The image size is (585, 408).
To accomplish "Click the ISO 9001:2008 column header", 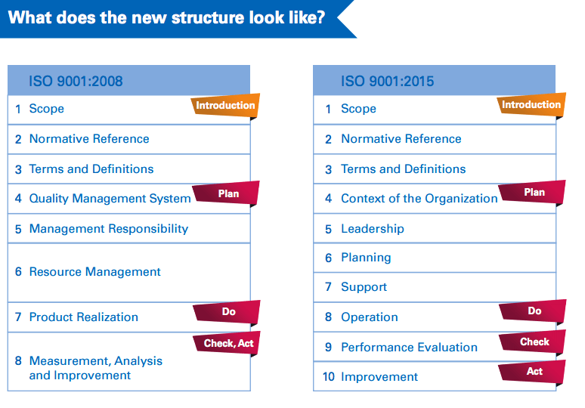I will (x=76, y=80).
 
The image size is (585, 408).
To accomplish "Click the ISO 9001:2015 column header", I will (x=387, y=80).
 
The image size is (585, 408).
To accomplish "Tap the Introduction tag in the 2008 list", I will (x=225, y=106).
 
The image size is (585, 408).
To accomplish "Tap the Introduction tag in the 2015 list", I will (x=531, y=105).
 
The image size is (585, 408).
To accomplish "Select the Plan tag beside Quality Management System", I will (x=227, y=193).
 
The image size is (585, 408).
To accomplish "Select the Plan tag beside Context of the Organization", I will (x=534, y=193).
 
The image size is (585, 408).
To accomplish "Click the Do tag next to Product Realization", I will (x=227, y=312).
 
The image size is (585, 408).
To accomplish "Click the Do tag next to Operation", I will (x=534, y=311).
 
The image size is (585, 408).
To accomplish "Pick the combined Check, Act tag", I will (x=228, y=344).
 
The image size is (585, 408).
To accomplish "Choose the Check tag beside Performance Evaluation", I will (x=534, y=342).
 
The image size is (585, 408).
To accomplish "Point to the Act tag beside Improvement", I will (x=534, y=372).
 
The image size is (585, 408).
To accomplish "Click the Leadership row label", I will (x=372, y=229).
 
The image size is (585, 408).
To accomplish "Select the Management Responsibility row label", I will (x=108, y=229).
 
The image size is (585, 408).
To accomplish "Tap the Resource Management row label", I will (x=94, y=272).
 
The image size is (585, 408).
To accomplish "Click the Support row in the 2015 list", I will (x=364, y=287).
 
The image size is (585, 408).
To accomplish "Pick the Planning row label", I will (x=366, y=258).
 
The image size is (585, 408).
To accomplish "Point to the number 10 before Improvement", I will (x=328, y=377).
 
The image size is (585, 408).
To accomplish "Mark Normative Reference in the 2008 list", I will (x=89, y=139).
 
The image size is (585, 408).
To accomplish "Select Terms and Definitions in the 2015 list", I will (x=403, y=169).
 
